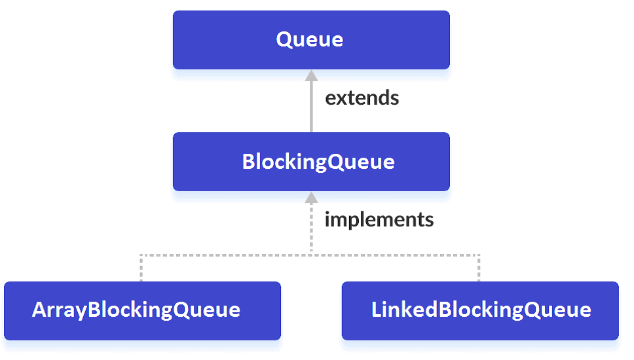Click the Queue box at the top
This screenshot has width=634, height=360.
(x=311, y=40)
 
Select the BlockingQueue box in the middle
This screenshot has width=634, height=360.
(x=311, y=162)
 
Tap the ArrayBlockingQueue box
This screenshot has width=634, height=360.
(x=142, y=310)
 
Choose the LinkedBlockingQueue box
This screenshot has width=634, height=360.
(x=480, y=310)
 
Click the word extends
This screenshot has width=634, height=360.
(x=362, y=98)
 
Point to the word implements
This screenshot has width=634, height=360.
(x=379, y=219)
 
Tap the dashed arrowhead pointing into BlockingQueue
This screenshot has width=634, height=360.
(x=311, y=197)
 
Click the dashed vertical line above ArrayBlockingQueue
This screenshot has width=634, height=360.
(x=141, y=268)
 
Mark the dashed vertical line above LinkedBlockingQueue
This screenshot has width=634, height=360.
(x=479, y=268)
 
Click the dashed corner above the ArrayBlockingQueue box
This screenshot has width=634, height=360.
(x=141, y=254)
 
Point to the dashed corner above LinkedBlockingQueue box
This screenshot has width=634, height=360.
(x=479, y=254)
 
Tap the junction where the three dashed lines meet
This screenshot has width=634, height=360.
(x=311, y=254)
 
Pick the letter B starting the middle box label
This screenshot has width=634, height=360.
(x=248, y=162)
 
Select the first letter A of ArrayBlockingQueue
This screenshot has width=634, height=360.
(x=39, y=310)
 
